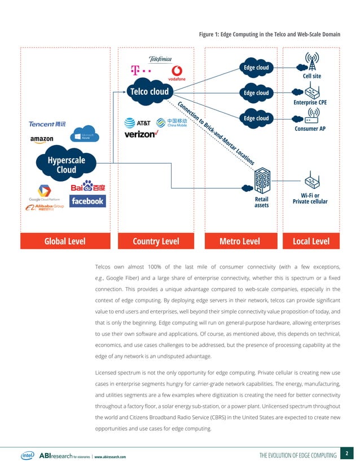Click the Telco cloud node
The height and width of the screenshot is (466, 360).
click(149, 91)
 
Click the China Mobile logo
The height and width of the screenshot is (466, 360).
click(172, 123)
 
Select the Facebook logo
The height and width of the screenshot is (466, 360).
click(87, 201)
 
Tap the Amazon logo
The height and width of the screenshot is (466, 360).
click(42, 139)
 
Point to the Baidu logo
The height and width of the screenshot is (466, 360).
click(88, 186)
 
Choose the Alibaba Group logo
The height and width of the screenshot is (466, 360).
click(45, 208)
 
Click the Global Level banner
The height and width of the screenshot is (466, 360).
click(65, 241)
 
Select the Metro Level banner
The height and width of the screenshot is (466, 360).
click(239, 241)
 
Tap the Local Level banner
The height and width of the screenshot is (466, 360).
click(312, 241)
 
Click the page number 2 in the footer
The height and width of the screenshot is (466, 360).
click(348, 452)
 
